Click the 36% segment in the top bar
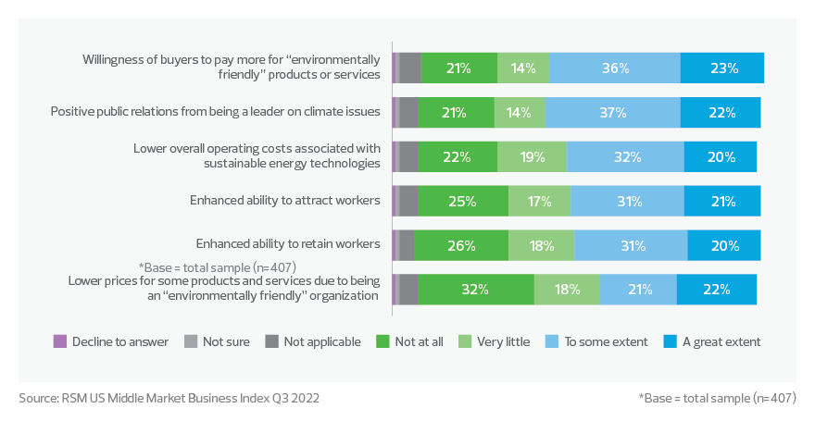tap(615, 68)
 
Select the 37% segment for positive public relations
tap(612, 113)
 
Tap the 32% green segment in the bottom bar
tap(475, 290)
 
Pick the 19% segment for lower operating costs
tap(532, 157)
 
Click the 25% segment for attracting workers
tap(462, 201)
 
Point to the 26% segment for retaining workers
tap(460, 245)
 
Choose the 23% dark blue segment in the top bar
tap(722, 68)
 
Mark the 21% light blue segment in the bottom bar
tap(637, 290)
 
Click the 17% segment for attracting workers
tap(539, 201)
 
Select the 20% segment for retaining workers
tap(724, 245)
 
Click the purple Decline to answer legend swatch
tap(61, 341)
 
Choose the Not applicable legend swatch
tap(273, 341)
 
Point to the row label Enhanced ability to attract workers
tap(285, 200)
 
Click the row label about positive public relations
tap(215, 112)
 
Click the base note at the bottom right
tap(717, 398)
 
